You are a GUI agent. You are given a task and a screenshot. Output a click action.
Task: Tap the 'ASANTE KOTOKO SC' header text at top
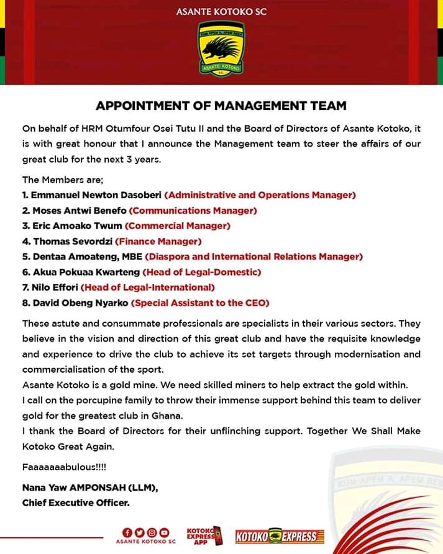[x=221, y=11]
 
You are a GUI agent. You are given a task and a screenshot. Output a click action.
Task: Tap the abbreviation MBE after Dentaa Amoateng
[x=135, y=257]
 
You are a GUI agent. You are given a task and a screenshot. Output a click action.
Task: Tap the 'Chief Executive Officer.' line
[x=76, y=503]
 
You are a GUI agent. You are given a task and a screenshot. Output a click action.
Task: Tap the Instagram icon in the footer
[x=152, y=532]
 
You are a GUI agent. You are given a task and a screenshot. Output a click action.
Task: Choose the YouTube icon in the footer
[x=164, y=532]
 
